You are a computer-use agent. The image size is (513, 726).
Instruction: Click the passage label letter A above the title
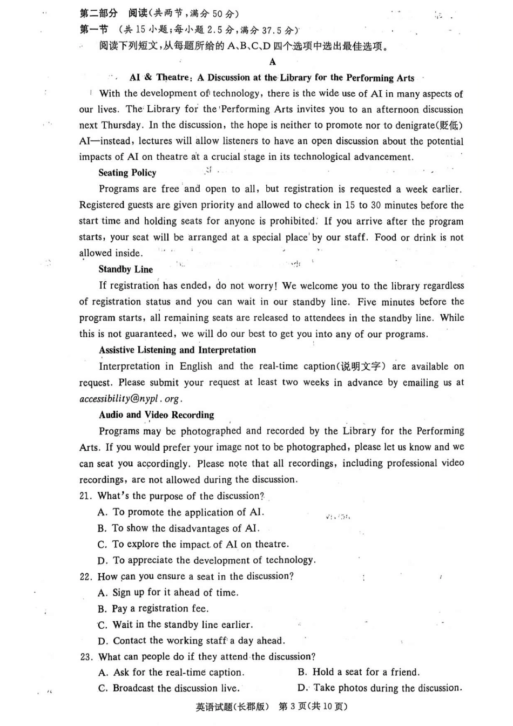[272, 62]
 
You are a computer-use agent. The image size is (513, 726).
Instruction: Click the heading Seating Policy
[127, 173]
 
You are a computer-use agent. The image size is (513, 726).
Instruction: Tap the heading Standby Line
[125, 269]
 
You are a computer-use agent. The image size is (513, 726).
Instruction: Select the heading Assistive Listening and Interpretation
[177, 350]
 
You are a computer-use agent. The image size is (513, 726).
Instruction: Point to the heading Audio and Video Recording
[156, 415]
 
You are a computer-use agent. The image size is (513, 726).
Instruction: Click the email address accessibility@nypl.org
[130, 399]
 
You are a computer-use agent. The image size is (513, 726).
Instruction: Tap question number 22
[86, 576]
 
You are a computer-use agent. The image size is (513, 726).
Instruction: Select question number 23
[86, 657]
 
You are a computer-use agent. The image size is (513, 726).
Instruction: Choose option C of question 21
[193, 544]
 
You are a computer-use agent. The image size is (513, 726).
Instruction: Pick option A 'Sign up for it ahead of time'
[168, 593]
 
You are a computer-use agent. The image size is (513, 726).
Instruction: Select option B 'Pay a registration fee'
[153, 608]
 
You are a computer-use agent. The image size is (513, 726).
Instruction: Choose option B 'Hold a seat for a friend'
[359, 672]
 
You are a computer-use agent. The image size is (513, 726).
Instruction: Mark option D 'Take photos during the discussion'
[380, 688]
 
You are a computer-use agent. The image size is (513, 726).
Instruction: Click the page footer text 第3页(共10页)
[313, 707]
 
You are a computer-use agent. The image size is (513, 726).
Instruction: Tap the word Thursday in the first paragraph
[122, 125]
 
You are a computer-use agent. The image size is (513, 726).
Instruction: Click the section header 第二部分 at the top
[98, 13]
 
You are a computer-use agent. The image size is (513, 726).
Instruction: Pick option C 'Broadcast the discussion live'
[169, 688]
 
